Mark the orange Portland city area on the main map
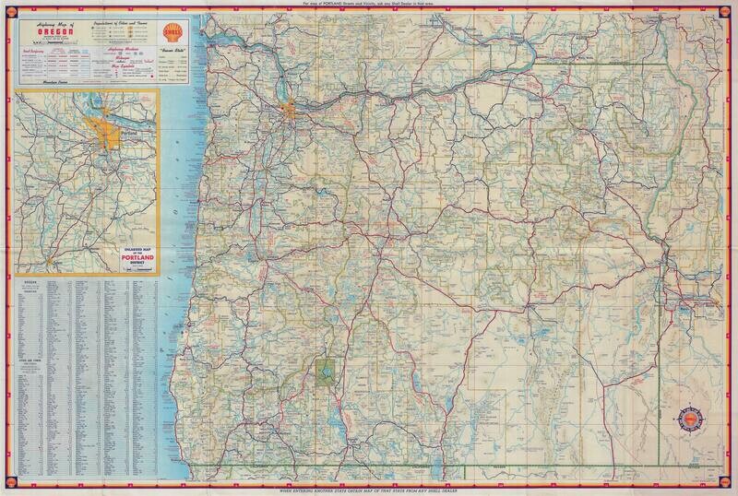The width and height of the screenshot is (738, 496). pos(292,111)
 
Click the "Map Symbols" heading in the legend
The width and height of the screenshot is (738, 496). pos(120,65)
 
